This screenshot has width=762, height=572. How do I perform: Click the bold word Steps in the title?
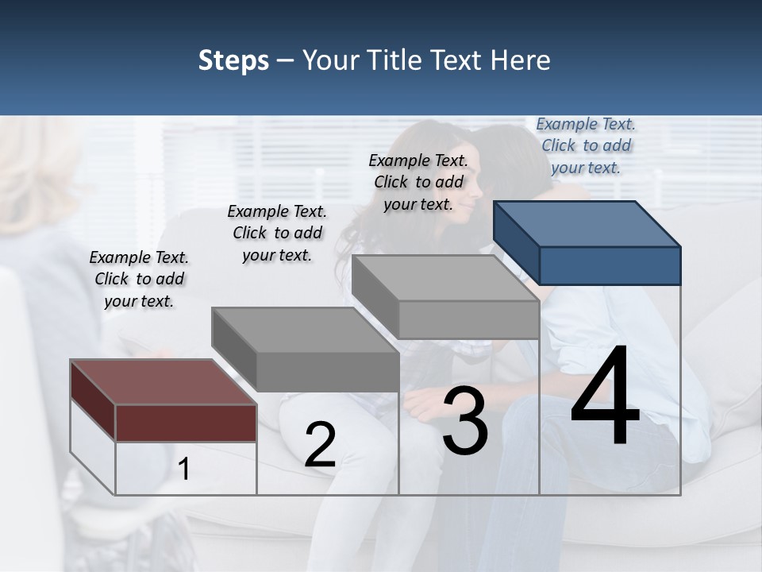click(233, 60)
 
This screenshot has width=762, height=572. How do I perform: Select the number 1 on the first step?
click(184, 470)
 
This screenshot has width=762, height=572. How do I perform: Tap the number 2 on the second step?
click(320, 446)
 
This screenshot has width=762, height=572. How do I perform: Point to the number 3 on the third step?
click(465, 422)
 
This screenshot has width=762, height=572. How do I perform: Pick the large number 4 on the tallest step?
click(605, 397)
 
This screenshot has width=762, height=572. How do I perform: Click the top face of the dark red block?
click(163, 382)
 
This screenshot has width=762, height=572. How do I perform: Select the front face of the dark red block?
click(186, 423)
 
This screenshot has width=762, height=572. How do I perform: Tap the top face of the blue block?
click(587, 223)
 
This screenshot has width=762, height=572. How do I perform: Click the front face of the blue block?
click(610, 265)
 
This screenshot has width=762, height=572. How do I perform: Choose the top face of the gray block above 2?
click(305, 330)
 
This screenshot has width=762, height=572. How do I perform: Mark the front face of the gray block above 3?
click(468, 319)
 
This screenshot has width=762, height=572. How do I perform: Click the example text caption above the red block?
click(139, 279)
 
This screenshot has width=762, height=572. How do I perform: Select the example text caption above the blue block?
click(586, 145)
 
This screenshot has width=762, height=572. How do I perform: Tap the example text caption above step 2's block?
click(277, 233)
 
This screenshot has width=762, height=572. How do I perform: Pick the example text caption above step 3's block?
click(418, 182)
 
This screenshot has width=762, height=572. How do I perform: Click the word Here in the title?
click(521, 60)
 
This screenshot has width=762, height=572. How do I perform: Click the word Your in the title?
click(331, 60)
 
